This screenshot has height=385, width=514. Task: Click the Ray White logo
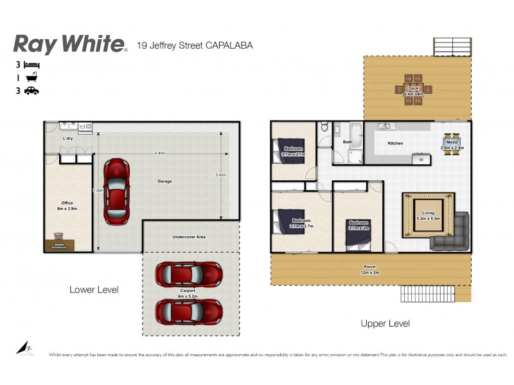coord(69,44)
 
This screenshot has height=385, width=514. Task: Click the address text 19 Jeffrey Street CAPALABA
coord(195,46)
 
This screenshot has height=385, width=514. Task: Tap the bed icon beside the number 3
coord(31,65)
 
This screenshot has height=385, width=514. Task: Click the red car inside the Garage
coord(116,191)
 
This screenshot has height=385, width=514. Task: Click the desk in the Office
coord(60,244)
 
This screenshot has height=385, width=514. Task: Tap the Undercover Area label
coord(189,237)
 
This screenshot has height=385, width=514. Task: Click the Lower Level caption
coord(94,290)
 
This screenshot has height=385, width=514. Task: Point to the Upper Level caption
coord(385,323)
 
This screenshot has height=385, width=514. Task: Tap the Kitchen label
coord(395,143)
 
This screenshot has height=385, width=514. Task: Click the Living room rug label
coord(428,215)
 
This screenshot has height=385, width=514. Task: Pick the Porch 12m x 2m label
coord(369,269)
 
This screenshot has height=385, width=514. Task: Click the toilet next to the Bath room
coord(325,129)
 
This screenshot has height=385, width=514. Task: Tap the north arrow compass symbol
coord(24,348)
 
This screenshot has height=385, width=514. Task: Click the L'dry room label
coord(67,139)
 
